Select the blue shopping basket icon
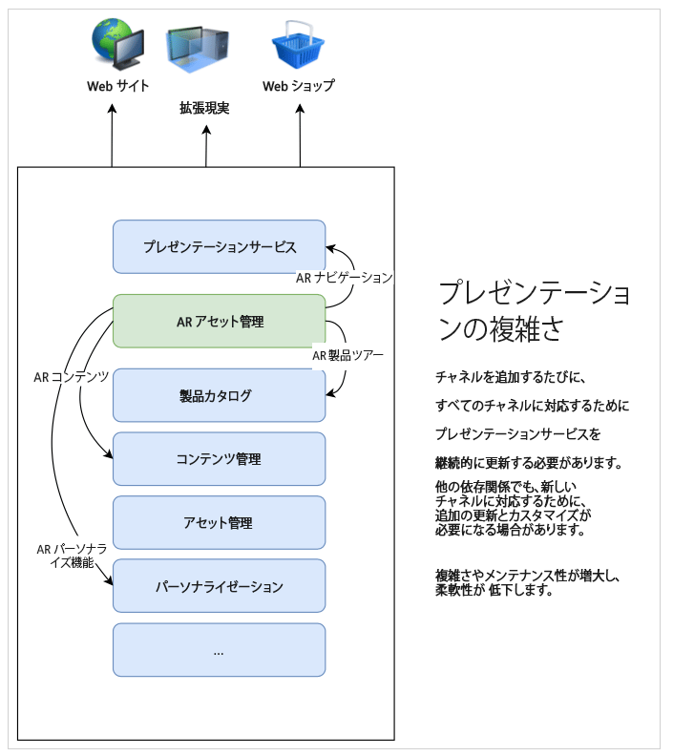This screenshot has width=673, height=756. point(298,47)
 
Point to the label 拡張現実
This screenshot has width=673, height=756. point(204,109)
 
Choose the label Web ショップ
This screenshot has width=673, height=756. point(299,86)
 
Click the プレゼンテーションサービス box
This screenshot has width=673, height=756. point(219,247)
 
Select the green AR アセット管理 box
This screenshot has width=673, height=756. point(219,321)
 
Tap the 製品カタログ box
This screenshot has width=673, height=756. point(219,395)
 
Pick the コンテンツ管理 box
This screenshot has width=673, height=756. point(219,459)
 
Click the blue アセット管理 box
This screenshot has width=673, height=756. point(219,523)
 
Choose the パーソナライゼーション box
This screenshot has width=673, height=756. point(219,586)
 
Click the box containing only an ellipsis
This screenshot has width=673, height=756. point(219,650)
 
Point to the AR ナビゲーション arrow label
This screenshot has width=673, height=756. point(344,278)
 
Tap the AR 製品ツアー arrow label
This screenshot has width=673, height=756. point(347,356)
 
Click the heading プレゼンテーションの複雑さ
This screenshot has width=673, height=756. point(532,310)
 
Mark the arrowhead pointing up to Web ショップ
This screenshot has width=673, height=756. point(300,109)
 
